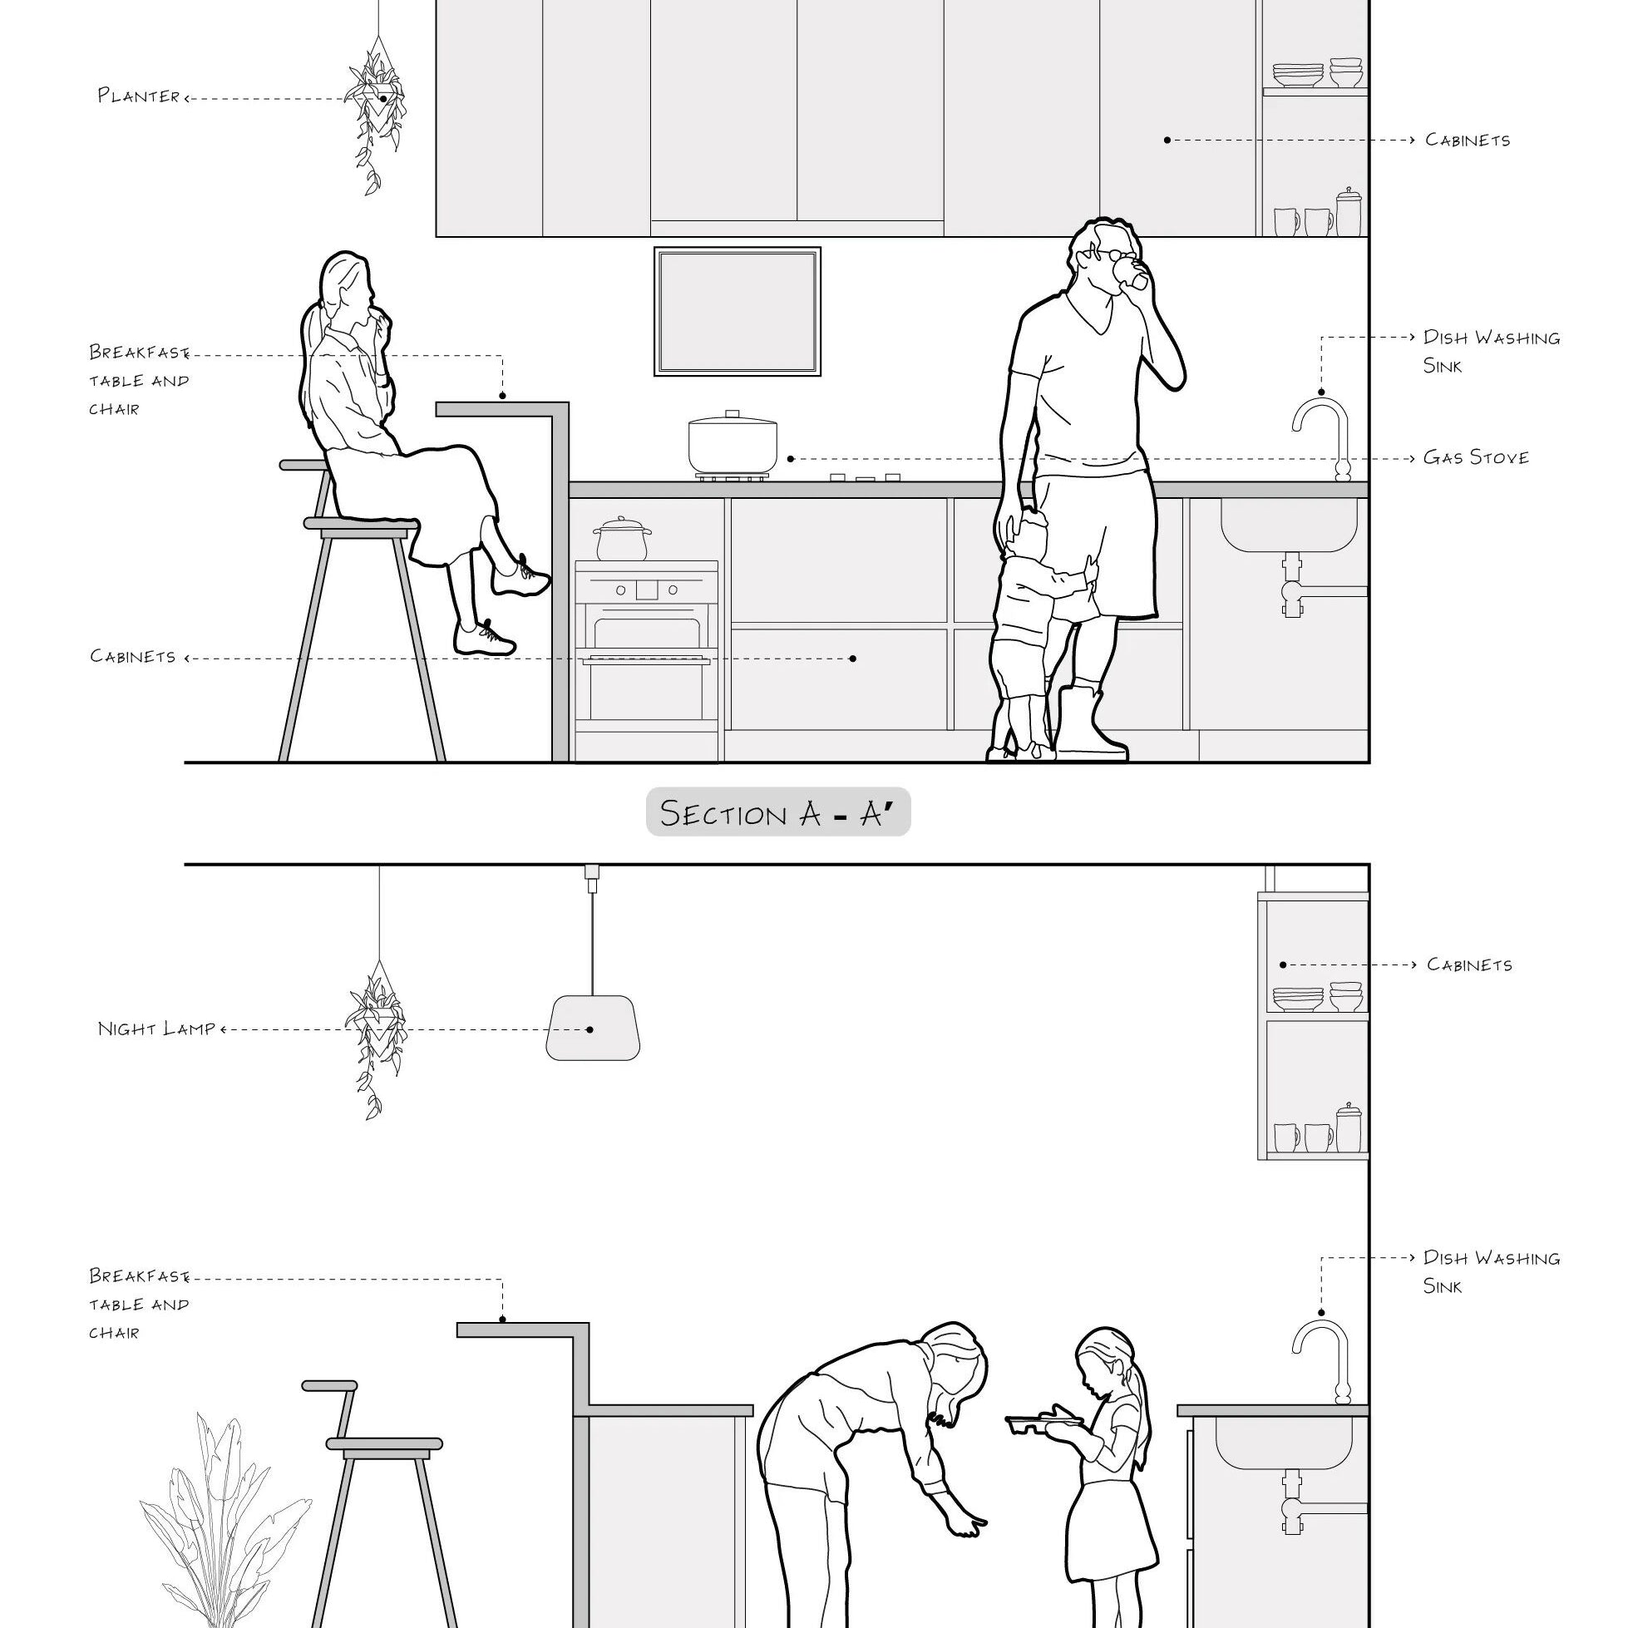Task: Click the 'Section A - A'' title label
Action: pos(777,813)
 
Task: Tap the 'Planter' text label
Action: pos(139,96)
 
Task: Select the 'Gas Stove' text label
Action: pos(1476,457)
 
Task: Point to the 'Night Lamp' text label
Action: pos(157,1029)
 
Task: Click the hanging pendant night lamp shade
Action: pos(592,1028)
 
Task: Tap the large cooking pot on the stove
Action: pos(733,444)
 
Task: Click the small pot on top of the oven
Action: pos(622,540)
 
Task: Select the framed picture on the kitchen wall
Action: pos(738,311)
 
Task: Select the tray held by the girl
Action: pos(1043,1423)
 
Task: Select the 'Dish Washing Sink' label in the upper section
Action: pos(1490,352)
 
